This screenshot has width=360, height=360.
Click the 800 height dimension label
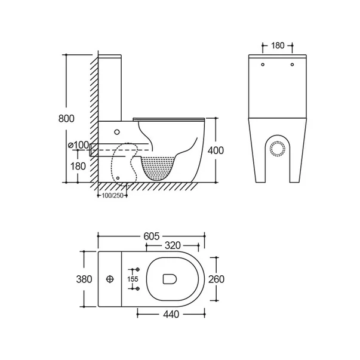coord(66,118)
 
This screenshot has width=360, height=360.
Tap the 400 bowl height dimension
coord(216,150)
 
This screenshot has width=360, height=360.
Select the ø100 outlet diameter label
coord(79,145)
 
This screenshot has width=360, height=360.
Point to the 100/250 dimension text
coord(112,196)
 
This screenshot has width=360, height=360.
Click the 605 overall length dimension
coord(151,236)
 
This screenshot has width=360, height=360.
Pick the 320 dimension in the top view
coord(173,245)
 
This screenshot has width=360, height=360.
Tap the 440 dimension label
coord(171,314)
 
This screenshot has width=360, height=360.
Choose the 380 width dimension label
coord(84,279)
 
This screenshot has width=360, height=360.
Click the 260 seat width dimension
coord(216,279)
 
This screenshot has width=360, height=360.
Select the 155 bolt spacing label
coord(133,279)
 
